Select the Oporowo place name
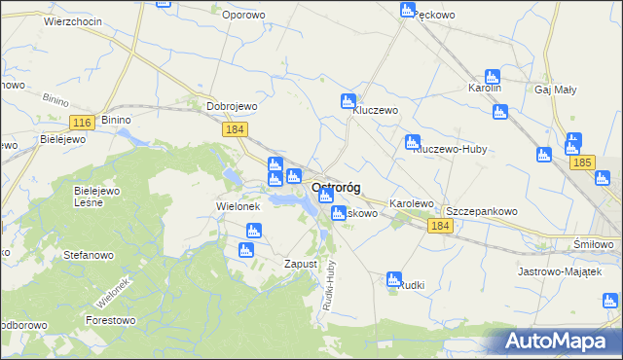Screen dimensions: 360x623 tap(243, 15)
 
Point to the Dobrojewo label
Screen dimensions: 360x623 tap(231, 107)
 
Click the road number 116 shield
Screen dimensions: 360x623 tap(82, 122)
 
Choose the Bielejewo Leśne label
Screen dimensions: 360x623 tap(96, 198)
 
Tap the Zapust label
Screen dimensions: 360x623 tap(301, 264)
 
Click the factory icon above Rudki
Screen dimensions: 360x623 tap(394, 279)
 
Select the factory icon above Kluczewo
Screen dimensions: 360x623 tap(348, 100)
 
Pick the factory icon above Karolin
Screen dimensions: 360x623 tap(493, 76)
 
